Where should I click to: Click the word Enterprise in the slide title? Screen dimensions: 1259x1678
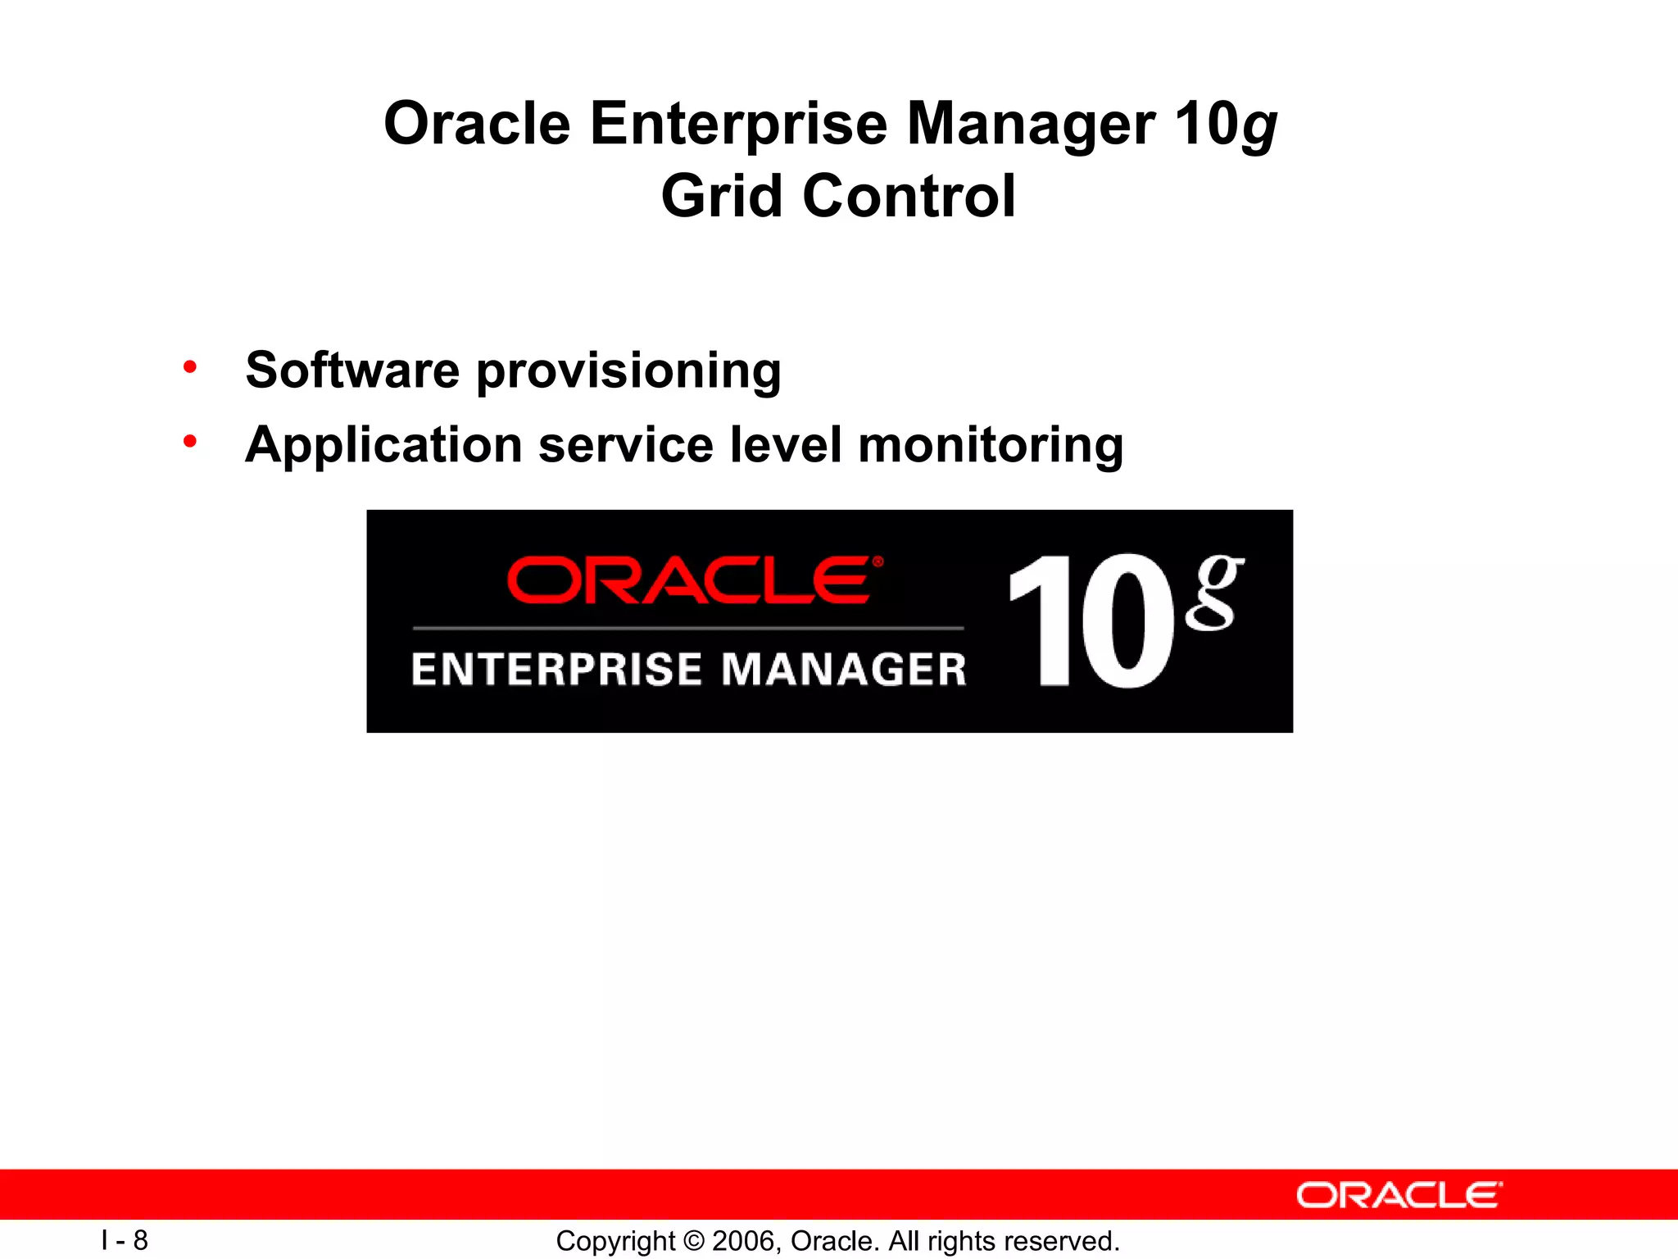738,125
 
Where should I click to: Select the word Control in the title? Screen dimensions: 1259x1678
909,197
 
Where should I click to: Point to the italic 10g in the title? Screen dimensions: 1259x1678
1226,125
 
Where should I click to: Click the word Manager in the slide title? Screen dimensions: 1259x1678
1031,125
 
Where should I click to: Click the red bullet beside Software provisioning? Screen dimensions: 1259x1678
190,367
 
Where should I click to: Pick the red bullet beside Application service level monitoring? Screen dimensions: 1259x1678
190,442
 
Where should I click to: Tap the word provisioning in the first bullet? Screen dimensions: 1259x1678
628,371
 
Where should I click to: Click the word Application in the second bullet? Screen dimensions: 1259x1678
383,446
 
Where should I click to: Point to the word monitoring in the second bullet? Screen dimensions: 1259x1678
991,446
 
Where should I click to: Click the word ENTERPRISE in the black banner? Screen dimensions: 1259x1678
557,669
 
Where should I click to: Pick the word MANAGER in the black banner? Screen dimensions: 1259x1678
844,669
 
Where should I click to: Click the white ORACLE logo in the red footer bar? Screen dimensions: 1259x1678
1399,1195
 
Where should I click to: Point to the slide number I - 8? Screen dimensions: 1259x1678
125,1240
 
